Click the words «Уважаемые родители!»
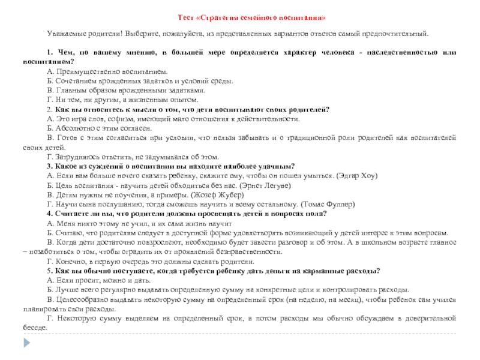coord(79,35)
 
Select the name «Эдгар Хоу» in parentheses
coord(356,176)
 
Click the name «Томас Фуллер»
coord(331,204)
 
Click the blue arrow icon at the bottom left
coord(26,341)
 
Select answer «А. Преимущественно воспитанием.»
coord(103,71)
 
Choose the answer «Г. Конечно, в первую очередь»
coord(150,262)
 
